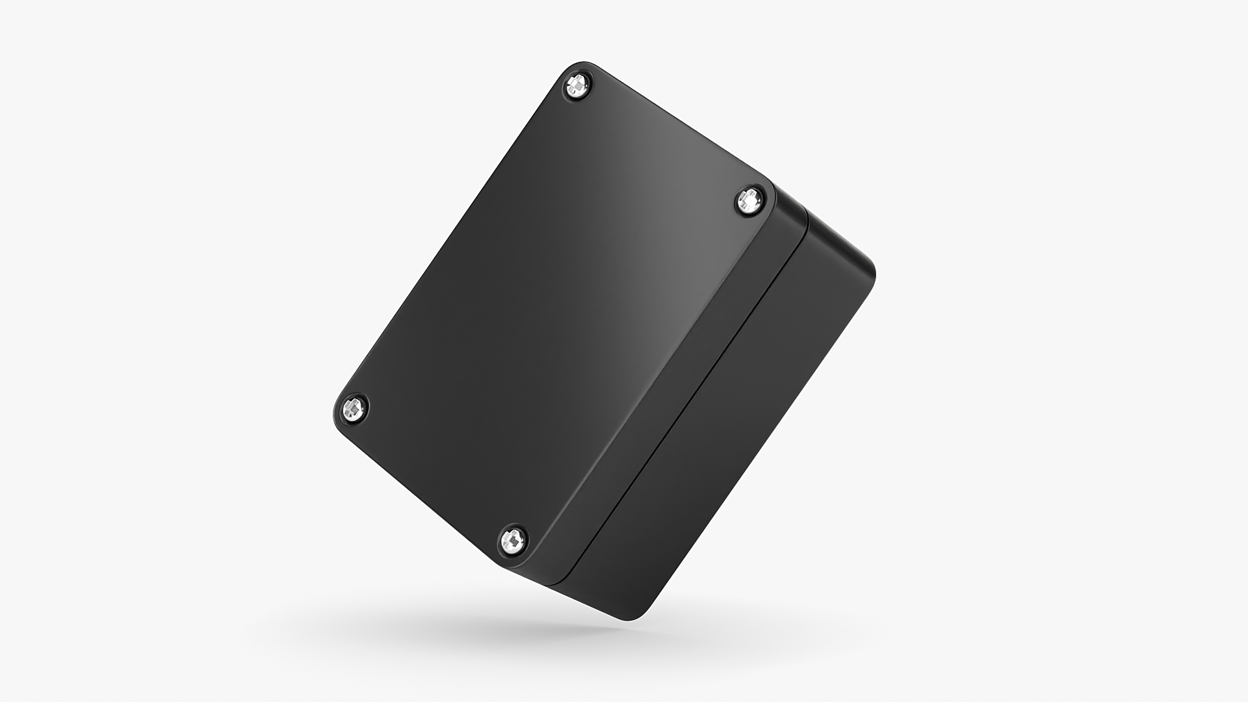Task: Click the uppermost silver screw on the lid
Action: (577, 85)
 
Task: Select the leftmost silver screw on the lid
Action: (352, 408)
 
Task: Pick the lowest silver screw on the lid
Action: (513, 539)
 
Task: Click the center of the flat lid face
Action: (552, 312)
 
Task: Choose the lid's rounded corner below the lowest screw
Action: (513, 563)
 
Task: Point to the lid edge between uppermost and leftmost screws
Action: (455, 240)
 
